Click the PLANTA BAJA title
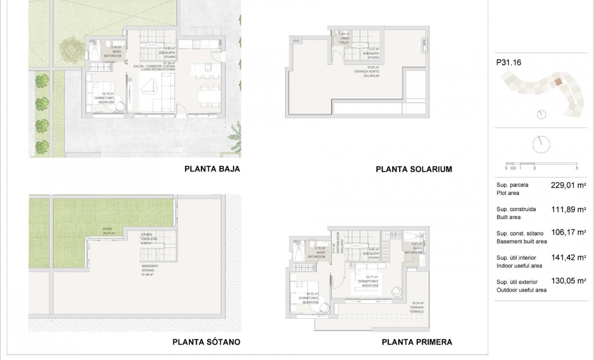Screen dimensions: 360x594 [x=212, y=169]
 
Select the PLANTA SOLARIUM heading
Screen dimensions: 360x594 [x=414, y=169]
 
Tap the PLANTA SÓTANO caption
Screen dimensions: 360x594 [x=206, y=342]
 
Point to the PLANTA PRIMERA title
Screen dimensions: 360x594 [x=417, y=342]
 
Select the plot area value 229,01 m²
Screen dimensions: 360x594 [x=568, y=184]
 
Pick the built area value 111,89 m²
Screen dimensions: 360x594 [x=568, y=209]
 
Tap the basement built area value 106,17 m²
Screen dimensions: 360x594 [x=568, y=233]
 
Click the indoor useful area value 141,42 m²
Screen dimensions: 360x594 [x=568, y=257]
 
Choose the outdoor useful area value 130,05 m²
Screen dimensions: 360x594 [x=568, y=281]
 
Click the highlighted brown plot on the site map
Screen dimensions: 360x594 [x=558, y=82]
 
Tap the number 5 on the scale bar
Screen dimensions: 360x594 [x=576, y=168]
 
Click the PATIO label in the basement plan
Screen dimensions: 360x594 [x=107, y=229]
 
